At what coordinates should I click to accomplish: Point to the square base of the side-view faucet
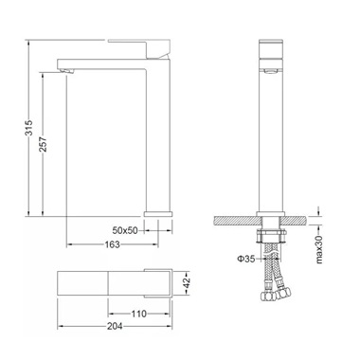156,213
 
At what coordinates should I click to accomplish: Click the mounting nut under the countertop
272,232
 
